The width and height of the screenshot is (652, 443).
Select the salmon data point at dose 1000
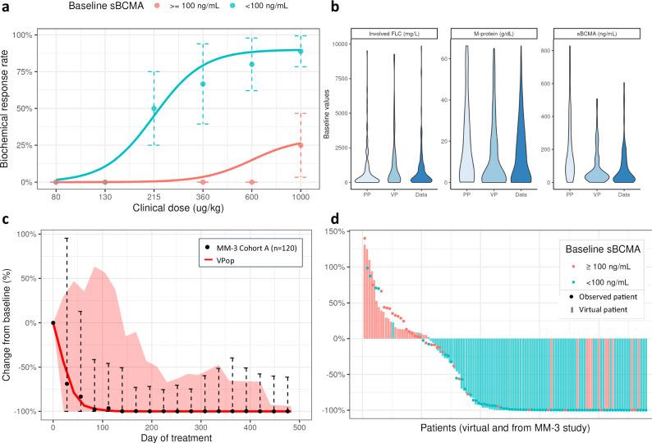301,145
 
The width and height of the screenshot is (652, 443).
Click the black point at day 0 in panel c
53,322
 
